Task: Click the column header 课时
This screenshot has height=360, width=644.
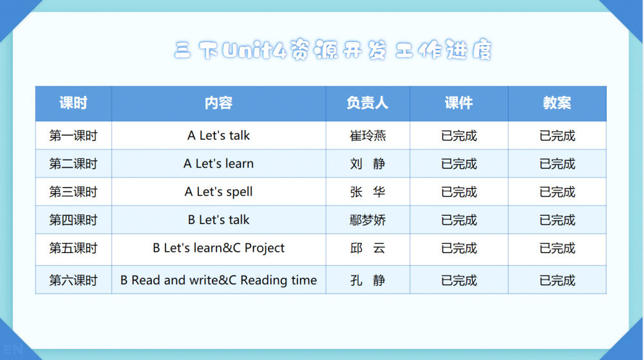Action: [x=73, y=103]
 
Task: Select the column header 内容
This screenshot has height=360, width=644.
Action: [x=218, y=103]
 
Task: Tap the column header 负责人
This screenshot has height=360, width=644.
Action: [x=367, y=103]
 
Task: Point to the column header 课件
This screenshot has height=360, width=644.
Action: [x=459, y=103]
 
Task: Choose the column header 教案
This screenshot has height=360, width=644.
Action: [x=557, y=103]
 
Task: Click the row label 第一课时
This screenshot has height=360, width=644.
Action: [x=73, y=135]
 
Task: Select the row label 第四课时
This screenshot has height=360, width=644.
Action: [x=73, y=220]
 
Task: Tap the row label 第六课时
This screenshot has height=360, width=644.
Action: [x=73, y=280]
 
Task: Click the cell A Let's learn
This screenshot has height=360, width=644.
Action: [x=218, y=164]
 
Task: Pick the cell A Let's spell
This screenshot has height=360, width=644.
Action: [x=218, y=192]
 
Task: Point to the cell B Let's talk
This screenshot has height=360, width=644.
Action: [x=218, y=220]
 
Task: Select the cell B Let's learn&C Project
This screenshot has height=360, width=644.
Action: [x=218, y=249]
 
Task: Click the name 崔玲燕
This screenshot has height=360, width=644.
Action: [x=368, y=135]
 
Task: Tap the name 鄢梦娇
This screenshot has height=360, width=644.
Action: [x=368, y=220]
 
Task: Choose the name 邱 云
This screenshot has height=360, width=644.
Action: [x=368, y=249]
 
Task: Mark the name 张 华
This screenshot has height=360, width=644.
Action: [x=368, y=192]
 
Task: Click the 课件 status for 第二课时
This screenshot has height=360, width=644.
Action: [x=459, y=164]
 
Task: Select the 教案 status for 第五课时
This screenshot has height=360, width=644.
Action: [x=557, y=249]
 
